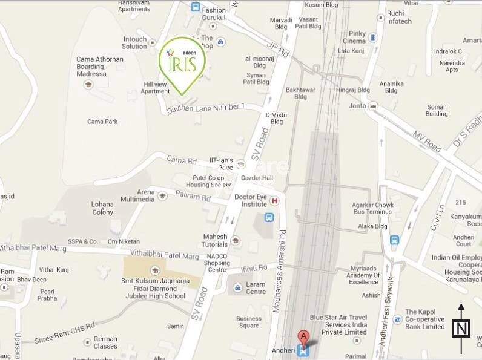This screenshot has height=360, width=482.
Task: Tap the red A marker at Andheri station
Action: pyautogui.click(x=303, y=338)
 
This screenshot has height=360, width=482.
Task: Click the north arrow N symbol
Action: pyautogui.click(x=461, y=329)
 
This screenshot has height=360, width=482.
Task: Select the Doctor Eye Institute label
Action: pyautogui.click(x=251, y=201)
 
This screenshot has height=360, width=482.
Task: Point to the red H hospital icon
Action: pyautogui.click(x=274, y=201)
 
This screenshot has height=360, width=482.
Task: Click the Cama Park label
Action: pyautogui.click(x=102, y=122)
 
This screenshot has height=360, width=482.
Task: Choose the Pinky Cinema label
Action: pyautogui.click(x=354, y=37)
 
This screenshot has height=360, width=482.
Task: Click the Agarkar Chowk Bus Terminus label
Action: pyautogui.click(x=373, y=209)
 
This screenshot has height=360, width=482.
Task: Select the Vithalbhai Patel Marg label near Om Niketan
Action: pyautogui.click(x=166, y=257)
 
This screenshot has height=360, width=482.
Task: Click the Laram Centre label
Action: pyautogui.click(x=256, y=288)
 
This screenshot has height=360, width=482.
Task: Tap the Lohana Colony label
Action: pyautogui.click(x=102, y=208)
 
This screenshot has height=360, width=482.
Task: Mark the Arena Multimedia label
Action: pyautogui.click(x=138, y=195)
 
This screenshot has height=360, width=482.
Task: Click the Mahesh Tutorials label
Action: pyautogui.click(x=215, y=240)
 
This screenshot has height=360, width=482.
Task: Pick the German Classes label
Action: pyautogui.click(x=105, y=342)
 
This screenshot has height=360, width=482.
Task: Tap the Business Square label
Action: pyautogui.click(x=249, y=322)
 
